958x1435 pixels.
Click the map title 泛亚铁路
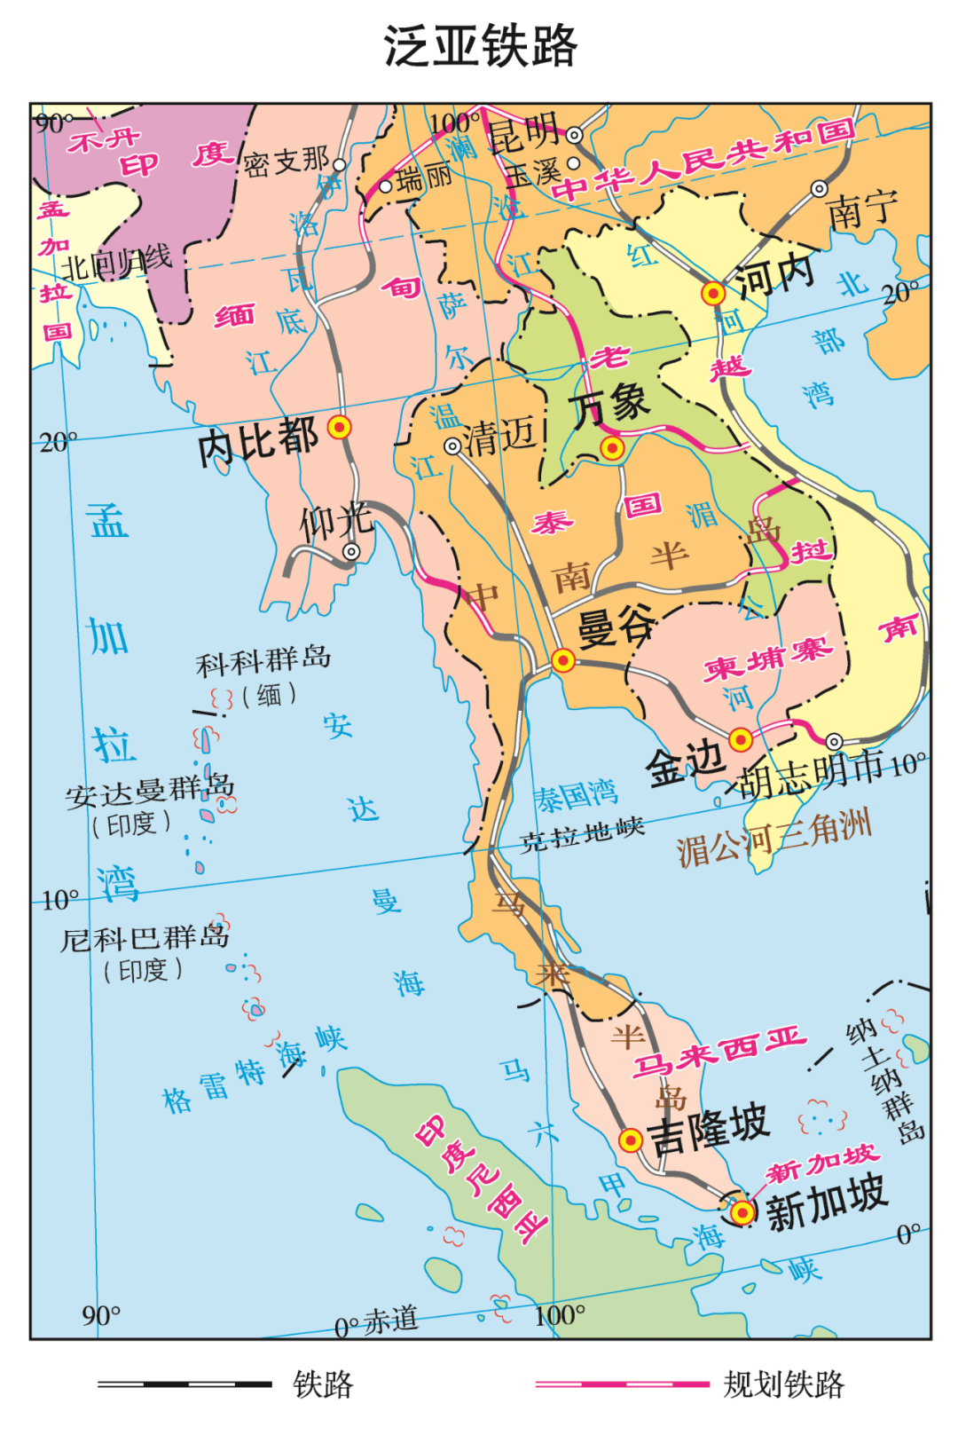(480, 46)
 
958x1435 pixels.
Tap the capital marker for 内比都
(339, 428)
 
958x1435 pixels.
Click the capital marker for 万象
(611, 448)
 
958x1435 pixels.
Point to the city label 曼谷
(616, 628)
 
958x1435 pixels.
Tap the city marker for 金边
(741, 739)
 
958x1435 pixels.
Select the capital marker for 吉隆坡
(630, 1140)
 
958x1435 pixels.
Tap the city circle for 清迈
(452, 445)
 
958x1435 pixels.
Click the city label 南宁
(861, 210)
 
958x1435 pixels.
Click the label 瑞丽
(424, 178)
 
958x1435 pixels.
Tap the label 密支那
(286, 162)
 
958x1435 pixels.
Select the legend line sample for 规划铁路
(622, 1384)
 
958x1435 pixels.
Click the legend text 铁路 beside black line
(323, 1384)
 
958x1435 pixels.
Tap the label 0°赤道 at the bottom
(376, 1322)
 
